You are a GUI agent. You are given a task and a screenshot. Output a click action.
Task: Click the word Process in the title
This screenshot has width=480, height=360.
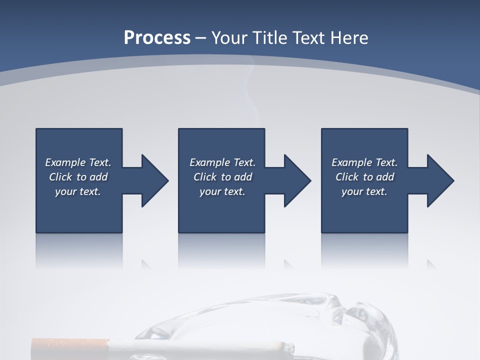(157, 38)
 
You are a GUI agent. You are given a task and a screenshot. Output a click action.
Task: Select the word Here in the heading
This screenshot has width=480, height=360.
(349, 38)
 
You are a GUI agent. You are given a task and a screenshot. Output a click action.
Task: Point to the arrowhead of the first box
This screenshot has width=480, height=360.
(155, 180)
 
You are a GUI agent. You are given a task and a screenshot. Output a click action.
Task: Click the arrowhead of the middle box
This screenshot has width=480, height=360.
(297, 180)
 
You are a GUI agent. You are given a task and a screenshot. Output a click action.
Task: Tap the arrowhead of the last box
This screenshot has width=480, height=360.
(440, 180)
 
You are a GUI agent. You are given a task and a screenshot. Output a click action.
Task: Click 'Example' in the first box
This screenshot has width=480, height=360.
(65, 162)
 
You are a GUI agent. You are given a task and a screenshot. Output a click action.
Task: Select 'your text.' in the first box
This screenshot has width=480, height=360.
(78, 191)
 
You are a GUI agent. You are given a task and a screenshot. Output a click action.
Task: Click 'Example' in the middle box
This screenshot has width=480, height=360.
(209, 162)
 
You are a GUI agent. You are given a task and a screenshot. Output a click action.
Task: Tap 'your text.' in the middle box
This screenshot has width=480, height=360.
(222, 191)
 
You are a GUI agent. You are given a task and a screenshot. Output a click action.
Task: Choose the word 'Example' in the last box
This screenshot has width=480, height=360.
(351, 162)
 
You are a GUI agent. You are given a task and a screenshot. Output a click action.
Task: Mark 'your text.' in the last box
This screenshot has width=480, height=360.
(364, 191)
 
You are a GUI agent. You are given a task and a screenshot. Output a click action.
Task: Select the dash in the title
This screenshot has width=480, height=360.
(201, 38)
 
